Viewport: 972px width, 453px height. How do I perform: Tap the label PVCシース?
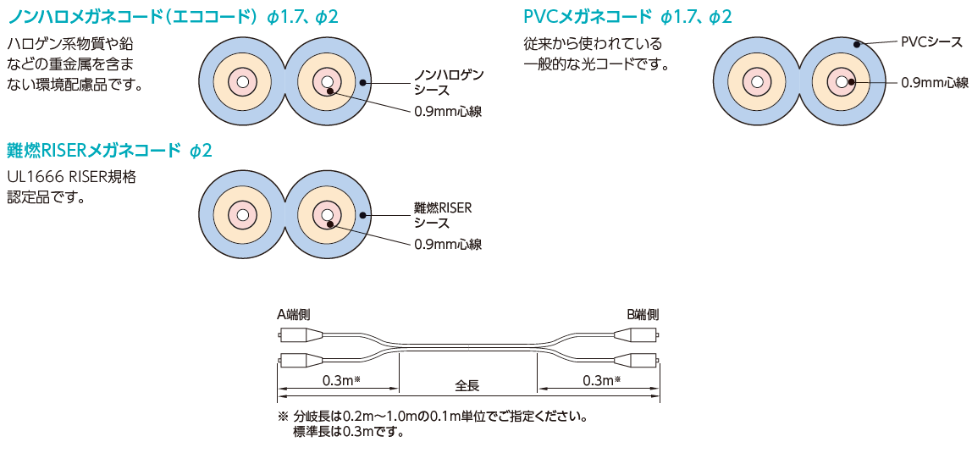931,41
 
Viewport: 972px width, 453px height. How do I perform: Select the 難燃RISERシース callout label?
442,215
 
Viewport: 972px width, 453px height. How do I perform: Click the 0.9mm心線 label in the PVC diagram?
934,83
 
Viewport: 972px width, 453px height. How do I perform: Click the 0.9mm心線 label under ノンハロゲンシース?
448,111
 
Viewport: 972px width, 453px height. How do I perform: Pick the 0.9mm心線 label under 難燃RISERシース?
448,244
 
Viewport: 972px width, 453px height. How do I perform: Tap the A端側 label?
293,314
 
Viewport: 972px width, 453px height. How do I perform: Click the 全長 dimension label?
467,385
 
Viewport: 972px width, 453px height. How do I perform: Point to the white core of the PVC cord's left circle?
756,82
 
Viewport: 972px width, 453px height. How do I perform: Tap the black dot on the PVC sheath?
859,44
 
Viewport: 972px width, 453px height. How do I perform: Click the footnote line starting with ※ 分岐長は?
432,417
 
